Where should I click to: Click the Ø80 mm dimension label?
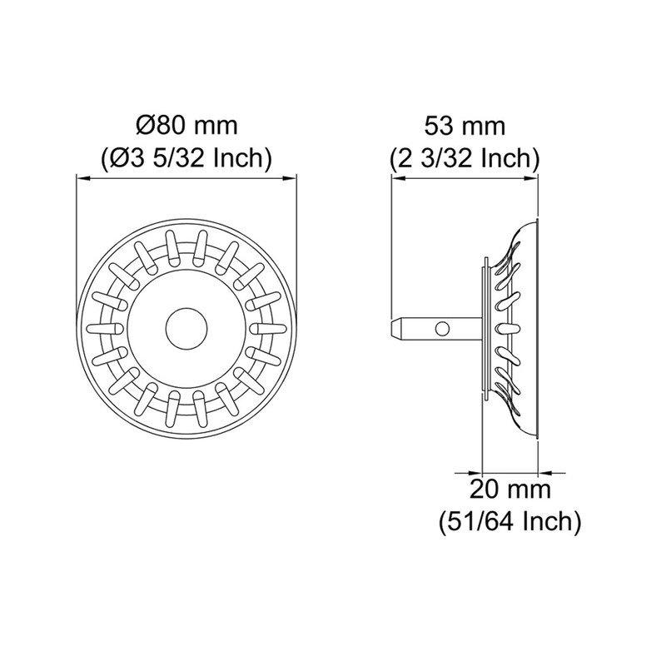(x=186, y=126)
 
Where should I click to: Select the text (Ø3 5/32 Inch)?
(x=186, y=159)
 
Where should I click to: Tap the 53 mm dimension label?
(x=465, y=127)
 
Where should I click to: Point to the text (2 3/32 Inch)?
(x=465, y=159)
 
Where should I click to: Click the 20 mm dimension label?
(x=509, y=489)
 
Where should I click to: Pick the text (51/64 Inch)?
(x=509, y=521)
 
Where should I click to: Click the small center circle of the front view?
(x=186, y=329)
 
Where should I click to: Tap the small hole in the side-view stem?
(x=442, y=329)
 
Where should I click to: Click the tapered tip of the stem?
(x=395, y=329)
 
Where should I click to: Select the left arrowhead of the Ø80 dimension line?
(x=82, y=179)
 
